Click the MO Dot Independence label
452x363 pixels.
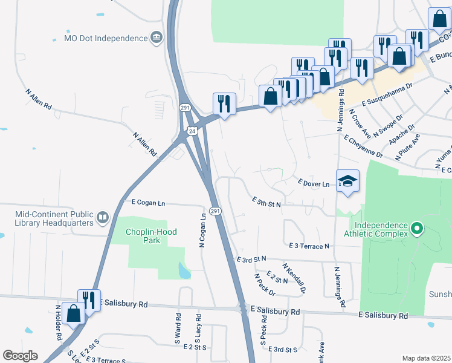tap(106, 38)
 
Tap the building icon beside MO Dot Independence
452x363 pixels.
tap(156, 38)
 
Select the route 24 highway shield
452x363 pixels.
tap(192, 131)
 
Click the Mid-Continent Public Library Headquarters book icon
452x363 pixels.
tap(103, 217)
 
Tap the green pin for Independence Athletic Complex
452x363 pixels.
tap(416, 229)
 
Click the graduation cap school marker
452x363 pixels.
tap(347, 181)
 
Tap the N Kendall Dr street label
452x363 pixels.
tap(294, 276)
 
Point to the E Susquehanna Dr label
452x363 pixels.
tap(387, 94)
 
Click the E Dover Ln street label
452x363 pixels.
tap(314, 182)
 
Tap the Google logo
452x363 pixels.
tap(20, 355)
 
